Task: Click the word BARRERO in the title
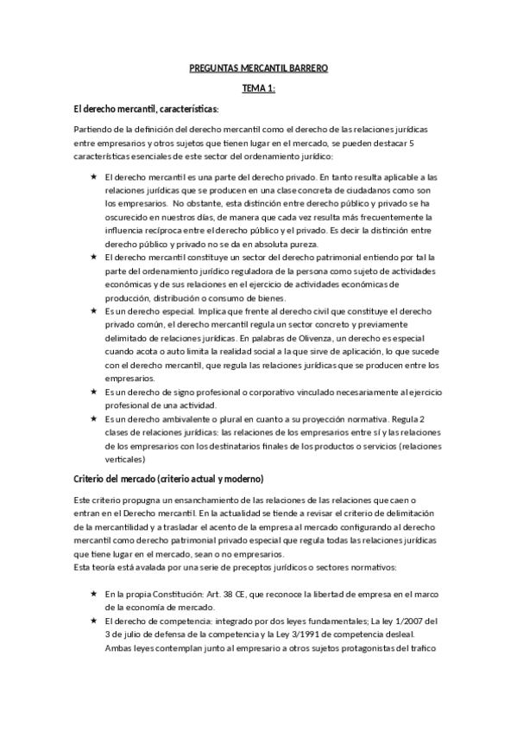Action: tap(306, 67)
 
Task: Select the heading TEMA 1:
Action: tap(258, 88)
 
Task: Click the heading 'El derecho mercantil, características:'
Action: tap(147, 109)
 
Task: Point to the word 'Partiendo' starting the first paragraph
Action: tap(95, 129)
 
